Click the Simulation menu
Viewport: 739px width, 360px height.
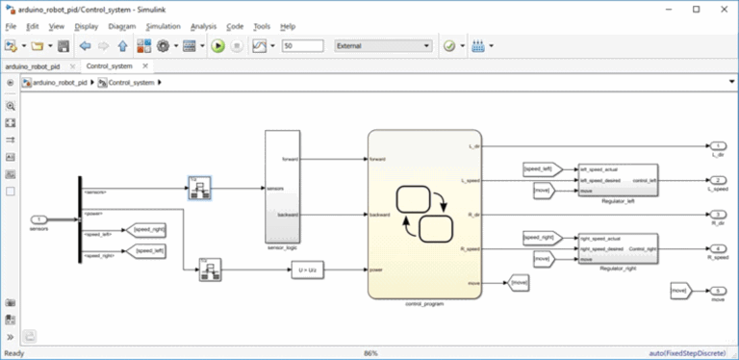[x=160, y=26]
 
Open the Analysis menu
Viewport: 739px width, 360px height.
[x=203, y=26]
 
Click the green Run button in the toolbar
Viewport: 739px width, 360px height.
[x=218, y=45]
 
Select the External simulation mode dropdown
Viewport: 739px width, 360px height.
[x=382, y=45]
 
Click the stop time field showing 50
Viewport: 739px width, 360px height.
[x=301, y=45]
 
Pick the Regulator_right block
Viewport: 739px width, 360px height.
[x=617, y=248]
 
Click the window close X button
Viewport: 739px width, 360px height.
[x=722, y=8]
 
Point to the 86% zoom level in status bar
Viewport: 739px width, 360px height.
[x=369, y=353]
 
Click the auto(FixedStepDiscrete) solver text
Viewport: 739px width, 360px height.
[x=687, y=353]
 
